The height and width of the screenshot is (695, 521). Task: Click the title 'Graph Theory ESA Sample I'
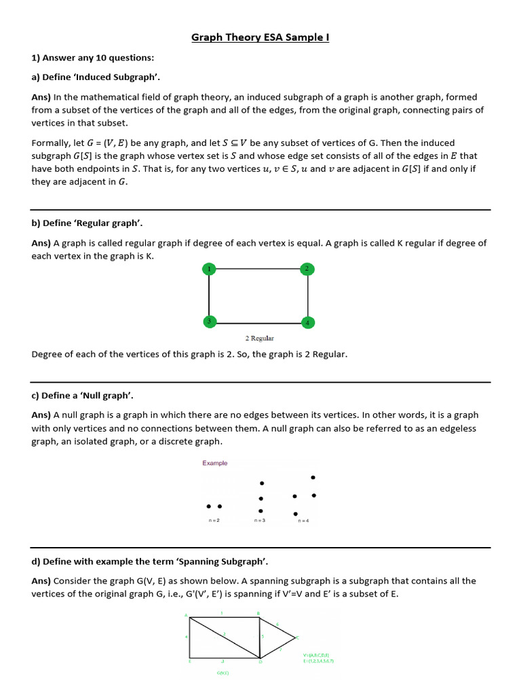(260, 37)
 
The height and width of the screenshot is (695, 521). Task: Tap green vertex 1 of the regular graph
(210, 269)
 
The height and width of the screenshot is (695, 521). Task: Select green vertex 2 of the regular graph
(307, 269)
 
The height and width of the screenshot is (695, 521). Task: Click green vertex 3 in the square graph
(210, 322)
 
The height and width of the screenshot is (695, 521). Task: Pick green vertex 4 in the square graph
(307, 322)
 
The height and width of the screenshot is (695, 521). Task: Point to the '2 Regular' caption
(259, 338)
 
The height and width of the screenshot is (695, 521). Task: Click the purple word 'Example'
(215, 463)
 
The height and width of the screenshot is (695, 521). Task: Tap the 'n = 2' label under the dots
(214, 521)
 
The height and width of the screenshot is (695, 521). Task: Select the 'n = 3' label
(260, 521)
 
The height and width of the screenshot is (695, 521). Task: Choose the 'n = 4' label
(303, 521)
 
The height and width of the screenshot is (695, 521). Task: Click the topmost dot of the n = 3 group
(262, 483)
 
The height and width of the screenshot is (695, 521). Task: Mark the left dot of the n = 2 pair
(208, 506)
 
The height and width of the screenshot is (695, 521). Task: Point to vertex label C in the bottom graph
(297, 637)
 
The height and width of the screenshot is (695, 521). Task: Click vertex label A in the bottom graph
(186, 615)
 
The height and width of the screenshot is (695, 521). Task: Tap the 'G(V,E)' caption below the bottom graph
(223, 673)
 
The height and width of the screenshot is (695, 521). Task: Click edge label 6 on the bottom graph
(277, 624)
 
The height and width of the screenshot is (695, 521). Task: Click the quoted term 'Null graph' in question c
(113, 395)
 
